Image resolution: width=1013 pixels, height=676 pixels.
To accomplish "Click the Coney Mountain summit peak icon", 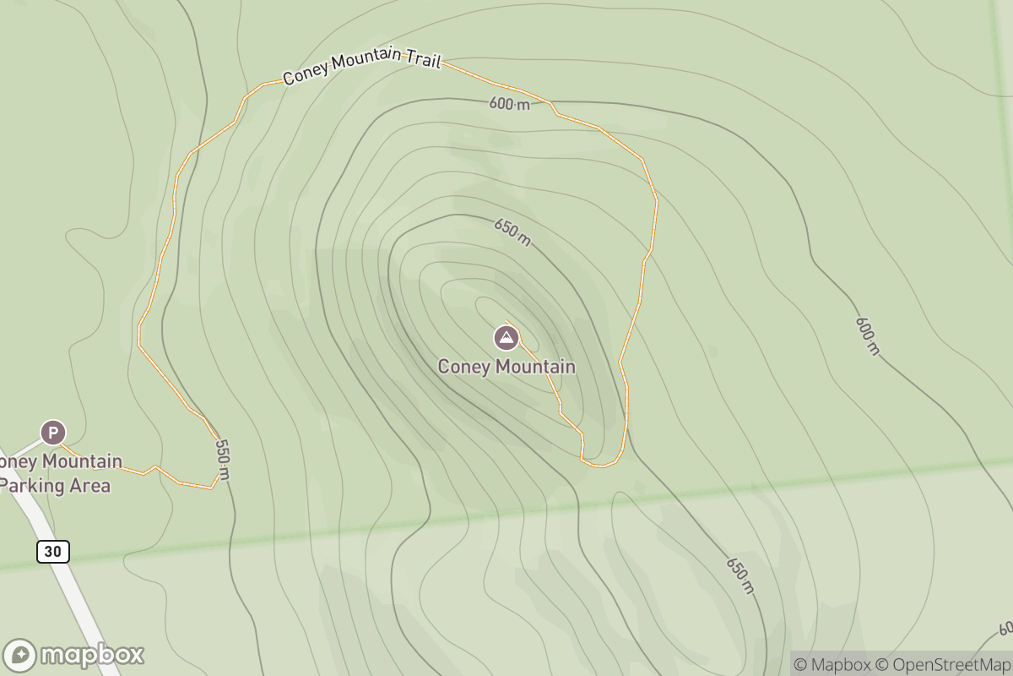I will (506, 338).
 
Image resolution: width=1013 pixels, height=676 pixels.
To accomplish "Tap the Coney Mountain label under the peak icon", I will (506, 367).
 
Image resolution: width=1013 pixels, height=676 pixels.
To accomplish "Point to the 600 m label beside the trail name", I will (509, 104).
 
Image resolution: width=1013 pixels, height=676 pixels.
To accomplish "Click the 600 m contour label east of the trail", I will (867, 335).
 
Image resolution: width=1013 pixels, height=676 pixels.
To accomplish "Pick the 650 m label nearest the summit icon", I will (512, 232).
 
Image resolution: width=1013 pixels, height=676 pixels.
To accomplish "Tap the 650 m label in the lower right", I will (739, 575).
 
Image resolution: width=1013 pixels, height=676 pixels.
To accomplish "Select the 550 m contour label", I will (222, 459).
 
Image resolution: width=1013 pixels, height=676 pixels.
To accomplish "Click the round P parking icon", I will (52, 433).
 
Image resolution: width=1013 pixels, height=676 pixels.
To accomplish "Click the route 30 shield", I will (52, 552).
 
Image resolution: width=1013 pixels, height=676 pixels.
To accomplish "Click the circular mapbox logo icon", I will (20, 656).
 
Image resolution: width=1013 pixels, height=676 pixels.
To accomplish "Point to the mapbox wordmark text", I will (93, 655).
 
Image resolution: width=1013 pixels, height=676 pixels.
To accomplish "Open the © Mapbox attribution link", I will (832, 664).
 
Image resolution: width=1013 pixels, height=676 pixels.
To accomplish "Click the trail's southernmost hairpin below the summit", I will (601, 464).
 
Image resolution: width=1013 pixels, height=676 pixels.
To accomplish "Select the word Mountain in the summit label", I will (536, 367).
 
